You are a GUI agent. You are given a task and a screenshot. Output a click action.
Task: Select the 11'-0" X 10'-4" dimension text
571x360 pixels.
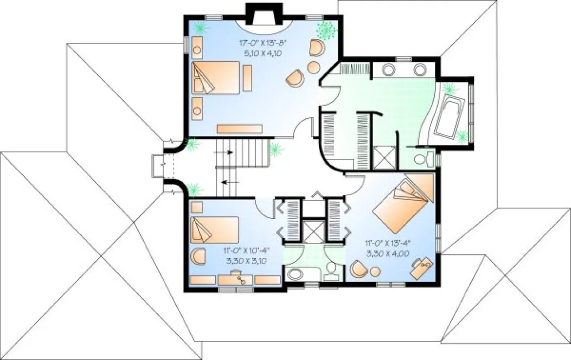pos(247,250)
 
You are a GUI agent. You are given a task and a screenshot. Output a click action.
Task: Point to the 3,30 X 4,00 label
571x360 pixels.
pos(387,253)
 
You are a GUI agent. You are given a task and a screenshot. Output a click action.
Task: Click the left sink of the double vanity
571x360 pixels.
pos(389,69)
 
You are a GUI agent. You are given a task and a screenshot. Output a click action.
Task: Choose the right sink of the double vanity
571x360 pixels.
pos(421,69)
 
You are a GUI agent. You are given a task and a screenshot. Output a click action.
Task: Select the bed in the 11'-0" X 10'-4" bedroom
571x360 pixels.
pos(214,230)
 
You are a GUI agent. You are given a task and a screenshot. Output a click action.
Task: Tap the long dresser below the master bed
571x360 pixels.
pos(240,128)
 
